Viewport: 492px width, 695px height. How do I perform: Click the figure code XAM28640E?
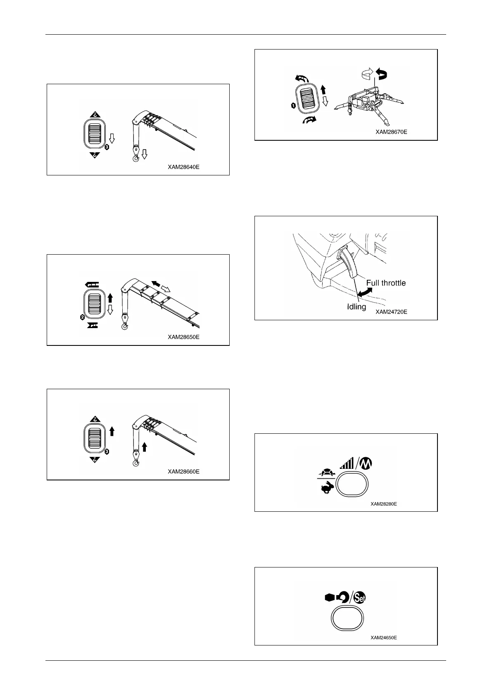click(183, 168)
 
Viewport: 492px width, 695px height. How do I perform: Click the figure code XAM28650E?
click(183, 337)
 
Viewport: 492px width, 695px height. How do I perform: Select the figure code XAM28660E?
click(183, 471)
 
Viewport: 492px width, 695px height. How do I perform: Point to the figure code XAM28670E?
click(391, 132)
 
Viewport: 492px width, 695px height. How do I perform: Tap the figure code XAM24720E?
click(391, 312)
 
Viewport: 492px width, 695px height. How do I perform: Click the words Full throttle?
click(386, 283)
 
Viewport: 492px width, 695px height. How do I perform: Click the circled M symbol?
click(364, 465)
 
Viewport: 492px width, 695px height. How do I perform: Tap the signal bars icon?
click(347, 464)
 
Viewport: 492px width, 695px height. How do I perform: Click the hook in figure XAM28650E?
click(124, 327)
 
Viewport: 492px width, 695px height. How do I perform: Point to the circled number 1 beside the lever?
click(293, 106)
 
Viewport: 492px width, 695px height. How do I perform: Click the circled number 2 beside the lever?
click(83, 317)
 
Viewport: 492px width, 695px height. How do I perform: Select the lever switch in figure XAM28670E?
click(308, 99)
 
